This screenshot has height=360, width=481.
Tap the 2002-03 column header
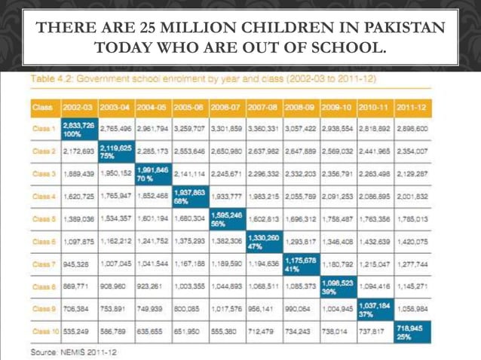click(78, 107)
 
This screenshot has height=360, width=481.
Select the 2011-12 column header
click(412, 107)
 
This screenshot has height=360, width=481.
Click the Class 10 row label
click(45, 331)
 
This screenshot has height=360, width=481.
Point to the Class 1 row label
click(43, 129)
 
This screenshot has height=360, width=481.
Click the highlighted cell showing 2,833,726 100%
click(78, 129)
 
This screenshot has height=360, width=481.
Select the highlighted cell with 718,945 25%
click(412, 331)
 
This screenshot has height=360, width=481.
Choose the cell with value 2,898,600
click(412, 129)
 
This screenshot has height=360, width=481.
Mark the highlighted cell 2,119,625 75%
click(115, 151)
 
